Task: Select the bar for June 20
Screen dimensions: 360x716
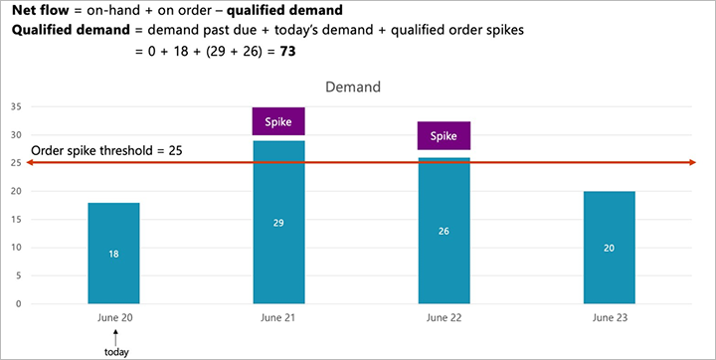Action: (x=113, y=254)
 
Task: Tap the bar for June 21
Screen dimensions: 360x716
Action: (x=278, y=222)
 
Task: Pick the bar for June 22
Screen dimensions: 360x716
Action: (x=444, y=231)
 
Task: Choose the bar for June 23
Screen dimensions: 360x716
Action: (x=609, y=248)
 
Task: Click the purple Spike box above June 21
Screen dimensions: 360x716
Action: (x=278, y=121)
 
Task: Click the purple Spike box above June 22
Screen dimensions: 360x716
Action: (x=444, y=135)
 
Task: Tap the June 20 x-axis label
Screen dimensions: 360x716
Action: (x=113, y=318)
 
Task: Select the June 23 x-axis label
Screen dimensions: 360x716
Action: (x=609, y=318)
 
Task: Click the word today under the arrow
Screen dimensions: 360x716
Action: (x=115, y=350)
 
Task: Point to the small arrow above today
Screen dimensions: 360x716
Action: (x=115, y=335)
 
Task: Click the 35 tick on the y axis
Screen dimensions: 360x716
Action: (x=16, y=106)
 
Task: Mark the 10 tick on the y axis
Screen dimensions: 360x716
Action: (x=16, y=248)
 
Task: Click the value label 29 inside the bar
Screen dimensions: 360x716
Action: (x=278, y=223)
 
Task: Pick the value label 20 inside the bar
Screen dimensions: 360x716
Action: (x=609, y=248)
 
